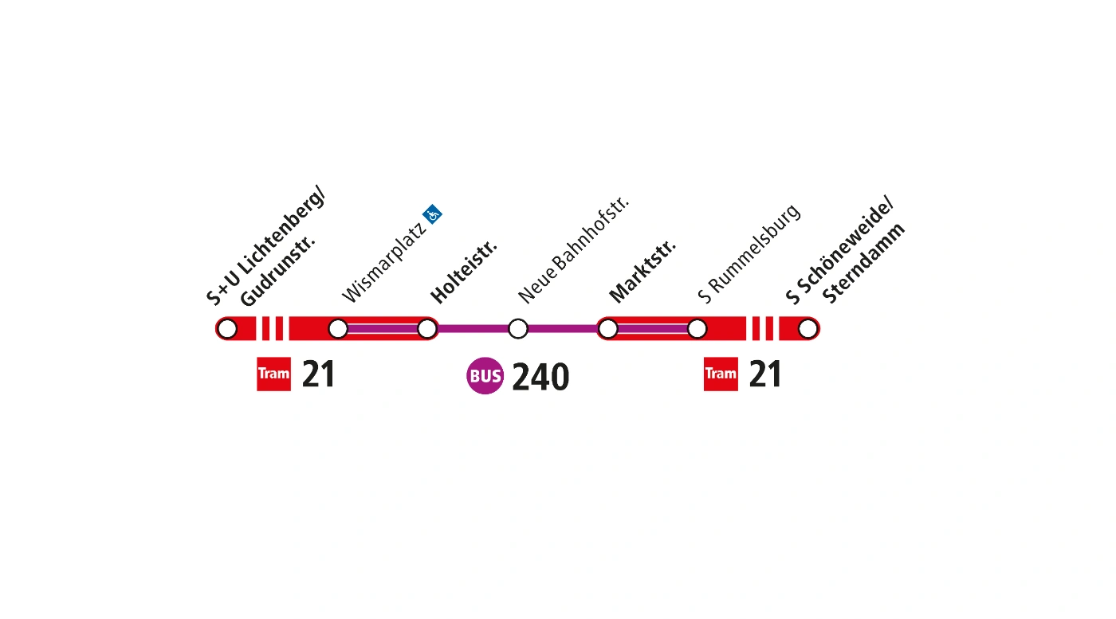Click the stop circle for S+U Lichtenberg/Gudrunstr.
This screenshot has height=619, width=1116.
click(x=227, y=328)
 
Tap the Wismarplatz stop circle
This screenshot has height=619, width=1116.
click(x=338, y=328)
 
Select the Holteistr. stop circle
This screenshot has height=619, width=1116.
click(x=427, y=328)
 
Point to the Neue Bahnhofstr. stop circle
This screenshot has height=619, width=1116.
click(x=518, y=328)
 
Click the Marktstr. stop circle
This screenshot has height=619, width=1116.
click(x=608, y=328)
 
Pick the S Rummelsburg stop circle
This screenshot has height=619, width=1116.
click(x=697, y=328)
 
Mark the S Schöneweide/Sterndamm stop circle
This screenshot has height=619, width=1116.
click(x=808, y=328)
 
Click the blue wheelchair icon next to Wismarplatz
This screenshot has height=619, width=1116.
click(x=433, y=214)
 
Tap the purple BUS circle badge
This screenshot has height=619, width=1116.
click(x=485, y=376)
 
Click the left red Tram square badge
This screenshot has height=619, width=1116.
click(x=273, y=374)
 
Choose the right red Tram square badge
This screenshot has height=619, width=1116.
click(x=721, y=374)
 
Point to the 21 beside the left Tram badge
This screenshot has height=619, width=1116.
click(x=318, y=374)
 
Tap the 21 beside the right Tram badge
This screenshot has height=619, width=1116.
click(x=765, y=374)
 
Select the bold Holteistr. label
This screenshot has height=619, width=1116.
click(x=464, y=271)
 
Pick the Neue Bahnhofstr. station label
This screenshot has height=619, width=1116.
click(x=574, y=249)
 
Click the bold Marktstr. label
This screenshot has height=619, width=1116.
click(x=642, y=271)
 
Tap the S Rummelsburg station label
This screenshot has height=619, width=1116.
click(x=749, y=254)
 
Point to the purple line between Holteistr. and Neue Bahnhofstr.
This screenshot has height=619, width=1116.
click(x=473, y=328)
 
